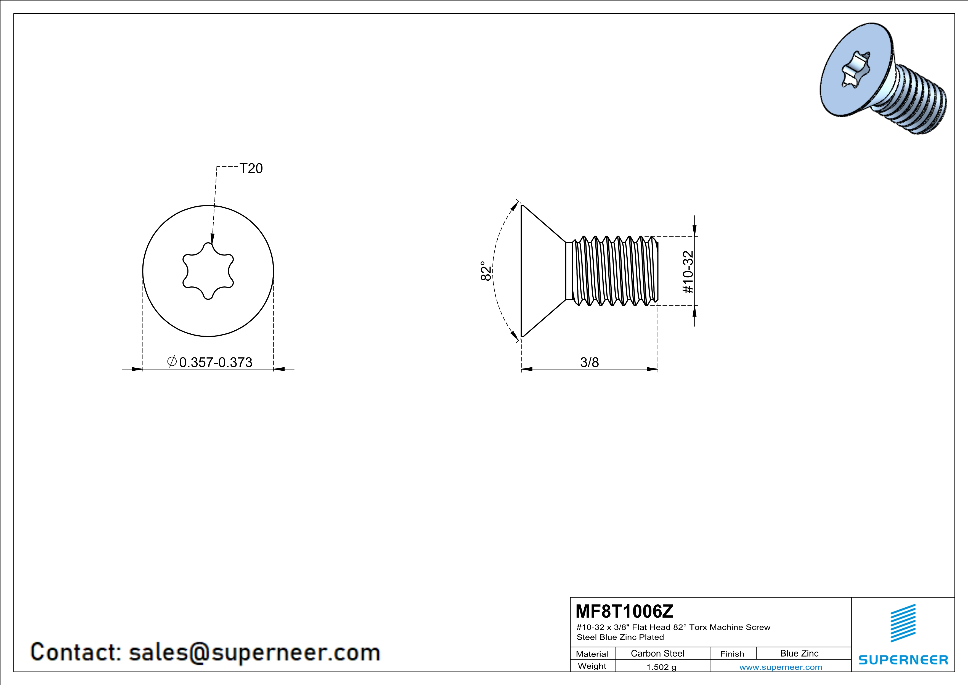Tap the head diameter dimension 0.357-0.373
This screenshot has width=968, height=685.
(216, 362)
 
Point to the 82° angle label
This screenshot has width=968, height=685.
(486, 271)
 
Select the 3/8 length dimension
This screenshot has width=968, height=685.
(589, 362)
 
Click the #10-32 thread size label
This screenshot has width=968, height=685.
(688, 272)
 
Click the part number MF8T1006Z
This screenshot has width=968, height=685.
(624, 611)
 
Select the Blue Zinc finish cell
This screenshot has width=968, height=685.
(799, 653)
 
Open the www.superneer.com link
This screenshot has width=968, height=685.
(780, 667)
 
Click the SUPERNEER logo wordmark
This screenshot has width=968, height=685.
(903, 660)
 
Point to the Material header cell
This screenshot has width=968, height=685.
(592, 654)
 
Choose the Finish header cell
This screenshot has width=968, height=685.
(732, 654)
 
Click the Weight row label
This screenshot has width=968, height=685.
(592, 666)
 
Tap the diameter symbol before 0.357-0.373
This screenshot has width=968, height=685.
(172, 362)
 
